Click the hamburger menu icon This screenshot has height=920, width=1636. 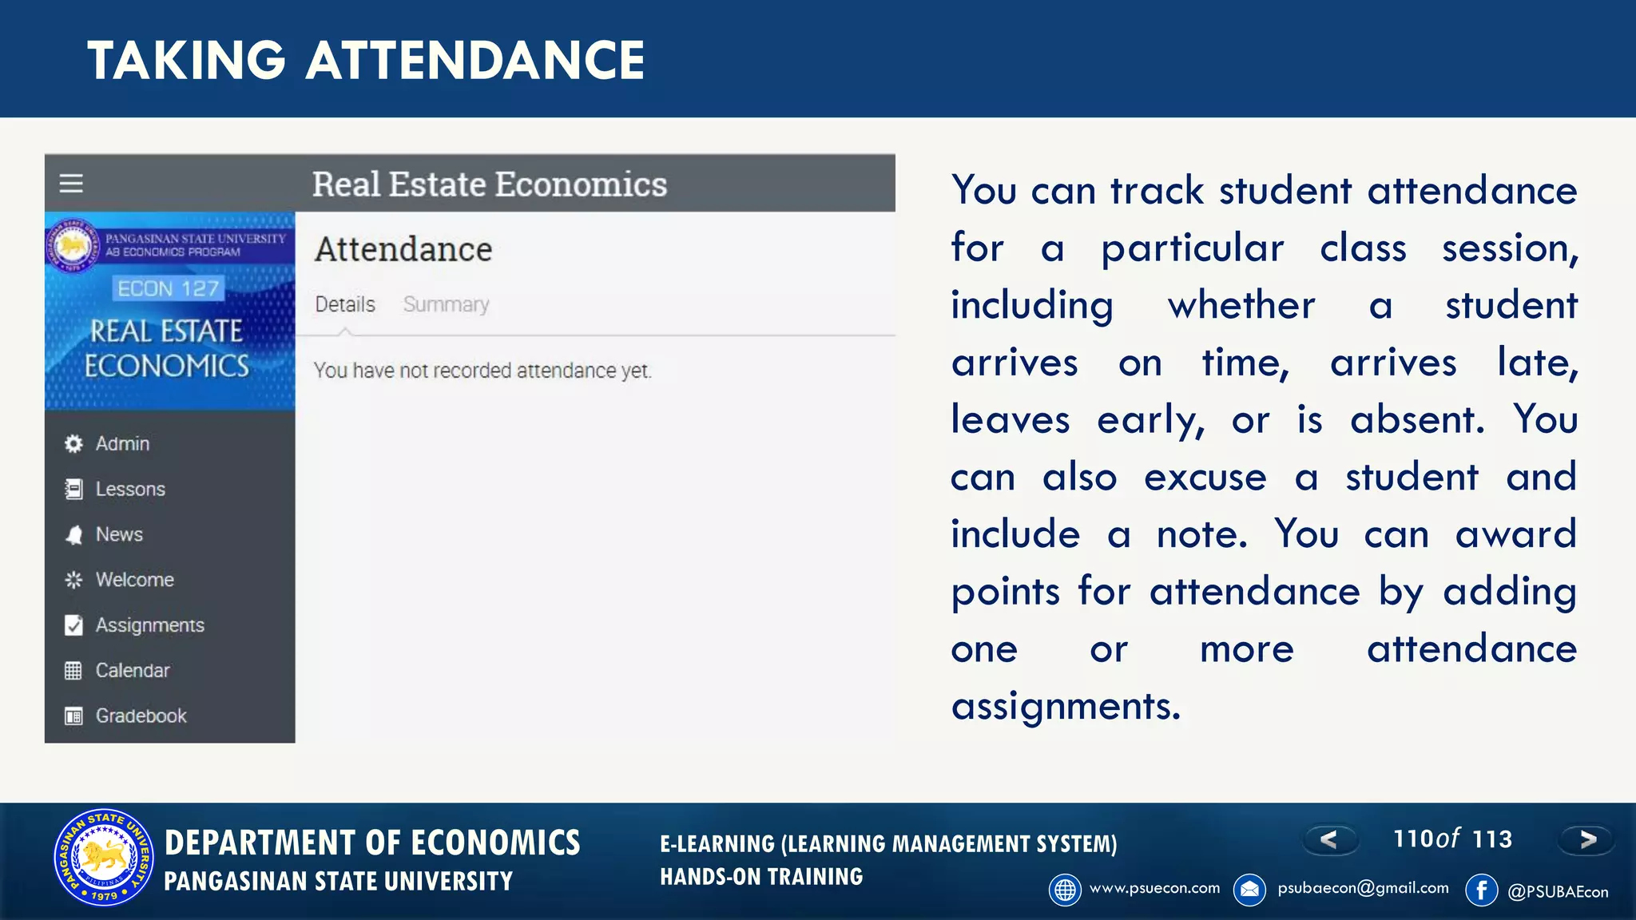(71, 184)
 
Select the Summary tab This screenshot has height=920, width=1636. (446, 304)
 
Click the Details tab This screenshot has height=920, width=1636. (344, 304)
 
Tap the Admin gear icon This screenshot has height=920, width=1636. (73, 444)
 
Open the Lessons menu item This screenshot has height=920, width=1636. (129, 489)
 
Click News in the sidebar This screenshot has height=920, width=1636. (119, 534)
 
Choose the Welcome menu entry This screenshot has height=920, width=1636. (134, 580)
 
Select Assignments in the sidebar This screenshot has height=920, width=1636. (149, 625)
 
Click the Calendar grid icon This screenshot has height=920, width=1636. (73, 671)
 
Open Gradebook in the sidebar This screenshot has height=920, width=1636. (141, 716)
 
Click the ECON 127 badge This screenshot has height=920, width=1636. (168, 288)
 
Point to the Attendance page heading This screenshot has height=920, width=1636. (403, 249)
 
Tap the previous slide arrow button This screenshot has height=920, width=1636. (1329, 839)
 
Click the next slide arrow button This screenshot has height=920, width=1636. (1587, 839)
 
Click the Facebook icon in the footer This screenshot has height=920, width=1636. (1481, 890)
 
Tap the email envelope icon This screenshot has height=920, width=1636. (1249, 890)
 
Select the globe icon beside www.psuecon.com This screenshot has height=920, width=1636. (1065, 890)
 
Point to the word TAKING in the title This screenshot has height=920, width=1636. (186, 61)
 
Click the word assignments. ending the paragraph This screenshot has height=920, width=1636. (1065, 706)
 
